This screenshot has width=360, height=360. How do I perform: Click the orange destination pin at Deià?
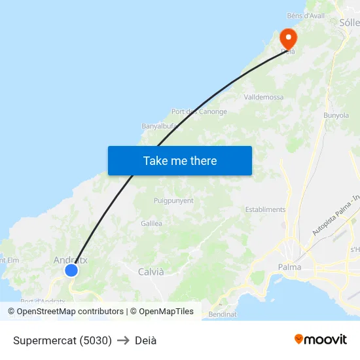pyautogui.click(x=287, y=37)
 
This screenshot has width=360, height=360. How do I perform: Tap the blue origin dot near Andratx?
pyautogui.click(x=71, y=270)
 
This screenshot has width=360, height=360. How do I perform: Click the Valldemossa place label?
pyautogui.click(x=263, y=98)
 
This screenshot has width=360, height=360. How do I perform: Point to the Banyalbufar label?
pyautogui.click(x=159, y=126)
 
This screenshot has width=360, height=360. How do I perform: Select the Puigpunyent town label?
pyautogui.click(x=173, y=201)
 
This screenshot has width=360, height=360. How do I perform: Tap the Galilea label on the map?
pyautogui.click(x=151, y=223)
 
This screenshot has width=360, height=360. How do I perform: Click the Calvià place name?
pyautogui.click(x=151, y=272)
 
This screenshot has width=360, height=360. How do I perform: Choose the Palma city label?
pyautogui.click(x=289, y=267)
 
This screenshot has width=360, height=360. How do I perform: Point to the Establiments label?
pyautogui.click(x=265, y=209)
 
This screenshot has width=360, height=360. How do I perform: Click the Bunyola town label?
pyautogui.click(x=336, y=115)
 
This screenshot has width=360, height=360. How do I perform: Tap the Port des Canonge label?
pyautogui.click(x=199, y=112)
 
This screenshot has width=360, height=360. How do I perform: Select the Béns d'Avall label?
pyautogui.click(x=306, y=15)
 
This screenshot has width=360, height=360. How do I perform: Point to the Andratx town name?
pyautogui.click(x=70, y=260)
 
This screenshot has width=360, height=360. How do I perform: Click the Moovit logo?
pyautogui.click(x=320, y=339)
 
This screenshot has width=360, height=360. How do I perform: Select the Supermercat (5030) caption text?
pyautogui.click(x=62, y=340)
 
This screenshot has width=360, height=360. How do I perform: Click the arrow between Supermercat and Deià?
pyautogui.click(x=123, y=340)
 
